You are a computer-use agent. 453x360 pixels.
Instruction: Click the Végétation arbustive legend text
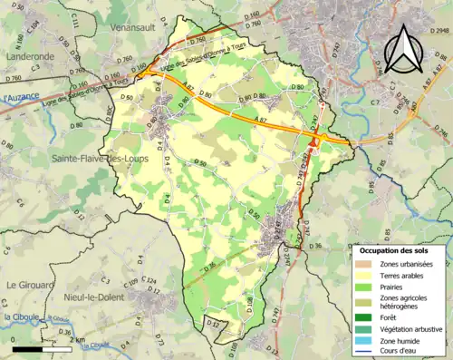411,328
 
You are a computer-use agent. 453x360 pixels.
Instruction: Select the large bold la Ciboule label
18,316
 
